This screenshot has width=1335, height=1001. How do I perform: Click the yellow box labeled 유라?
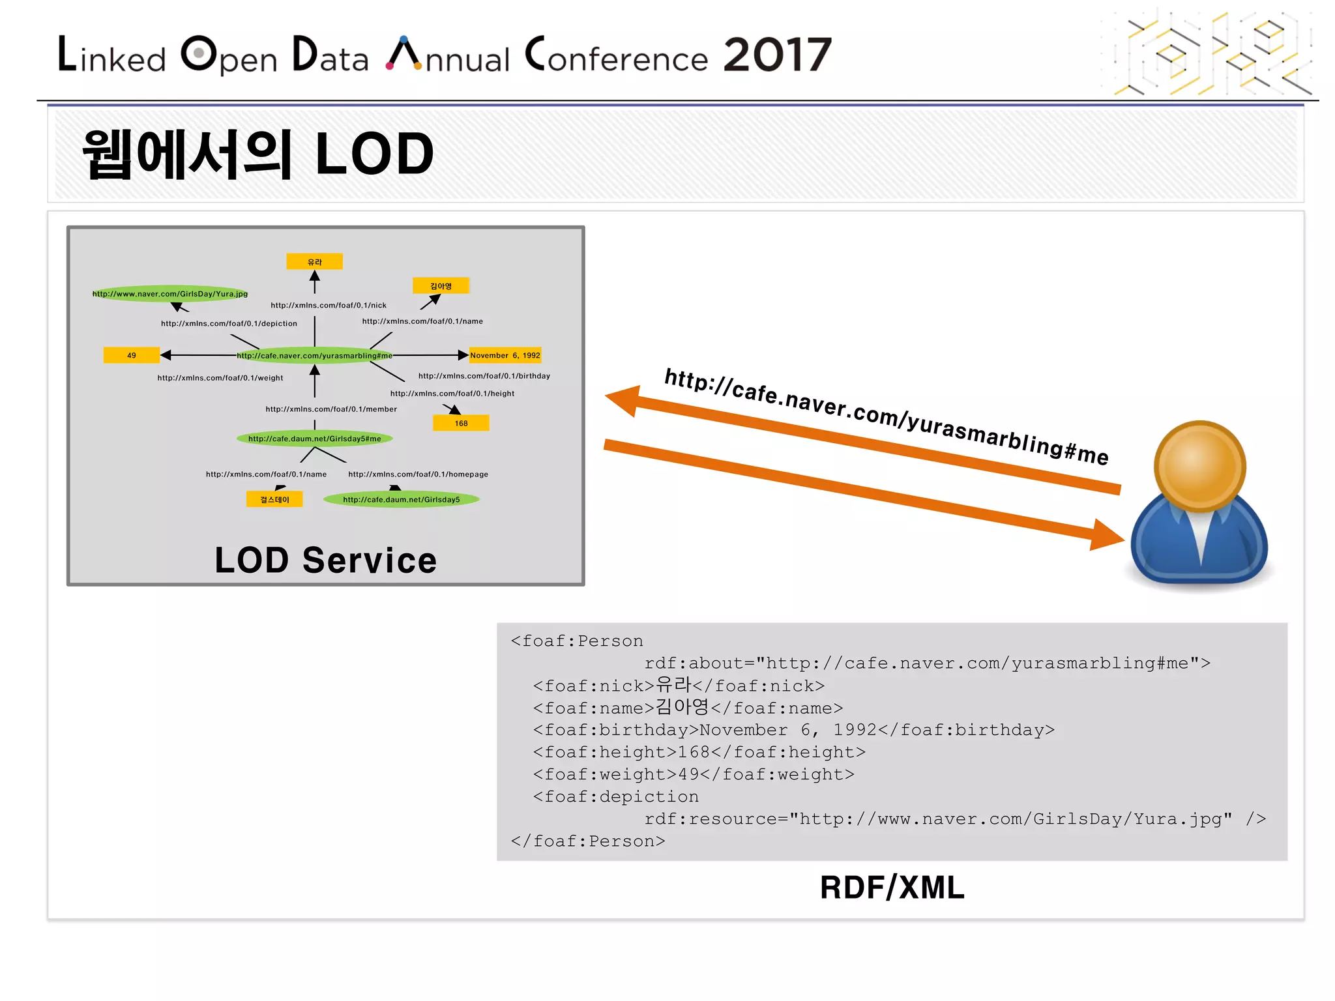[x=314, y=261]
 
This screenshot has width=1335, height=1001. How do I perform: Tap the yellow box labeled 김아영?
[x=441, y=285]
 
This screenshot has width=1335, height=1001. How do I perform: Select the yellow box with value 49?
[x=131, y=355]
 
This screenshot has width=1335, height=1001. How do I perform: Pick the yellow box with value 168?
[x=461, y=423]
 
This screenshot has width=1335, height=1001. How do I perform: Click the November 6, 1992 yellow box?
[x=505, y=355]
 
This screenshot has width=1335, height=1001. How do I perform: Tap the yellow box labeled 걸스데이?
[x=274, y=499]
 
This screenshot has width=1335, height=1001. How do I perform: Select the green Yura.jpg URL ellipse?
[x=170, y=294]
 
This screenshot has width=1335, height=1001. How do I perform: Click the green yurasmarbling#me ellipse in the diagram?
[x=314, y=355]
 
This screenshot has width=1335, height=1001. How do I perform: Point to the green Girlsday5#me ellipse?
[x=314, y=439]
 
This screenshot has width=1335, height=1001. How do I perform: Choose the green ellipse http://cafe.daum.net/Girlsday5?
[x=401, y=499]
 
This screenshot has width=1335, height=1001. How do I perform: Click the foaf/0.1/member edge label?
[x=331, y=409]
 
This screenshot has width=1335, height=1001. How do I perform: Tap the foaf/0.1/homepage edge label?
[x=418, y=474]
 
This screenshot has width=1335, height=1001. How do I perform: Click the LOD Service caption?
[x=325, y=560]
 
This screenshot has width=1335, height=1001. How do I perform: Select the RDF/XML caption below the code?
[x=892, y=888]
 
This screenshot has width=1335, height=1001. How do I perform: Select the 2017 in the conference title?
[x=777, y=55]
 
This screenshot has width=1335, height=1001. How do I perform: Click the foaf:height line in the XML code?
[x=699, y=752]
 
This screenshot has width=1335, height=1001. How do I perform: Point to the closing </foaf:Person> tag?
[x=588, y=841]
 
